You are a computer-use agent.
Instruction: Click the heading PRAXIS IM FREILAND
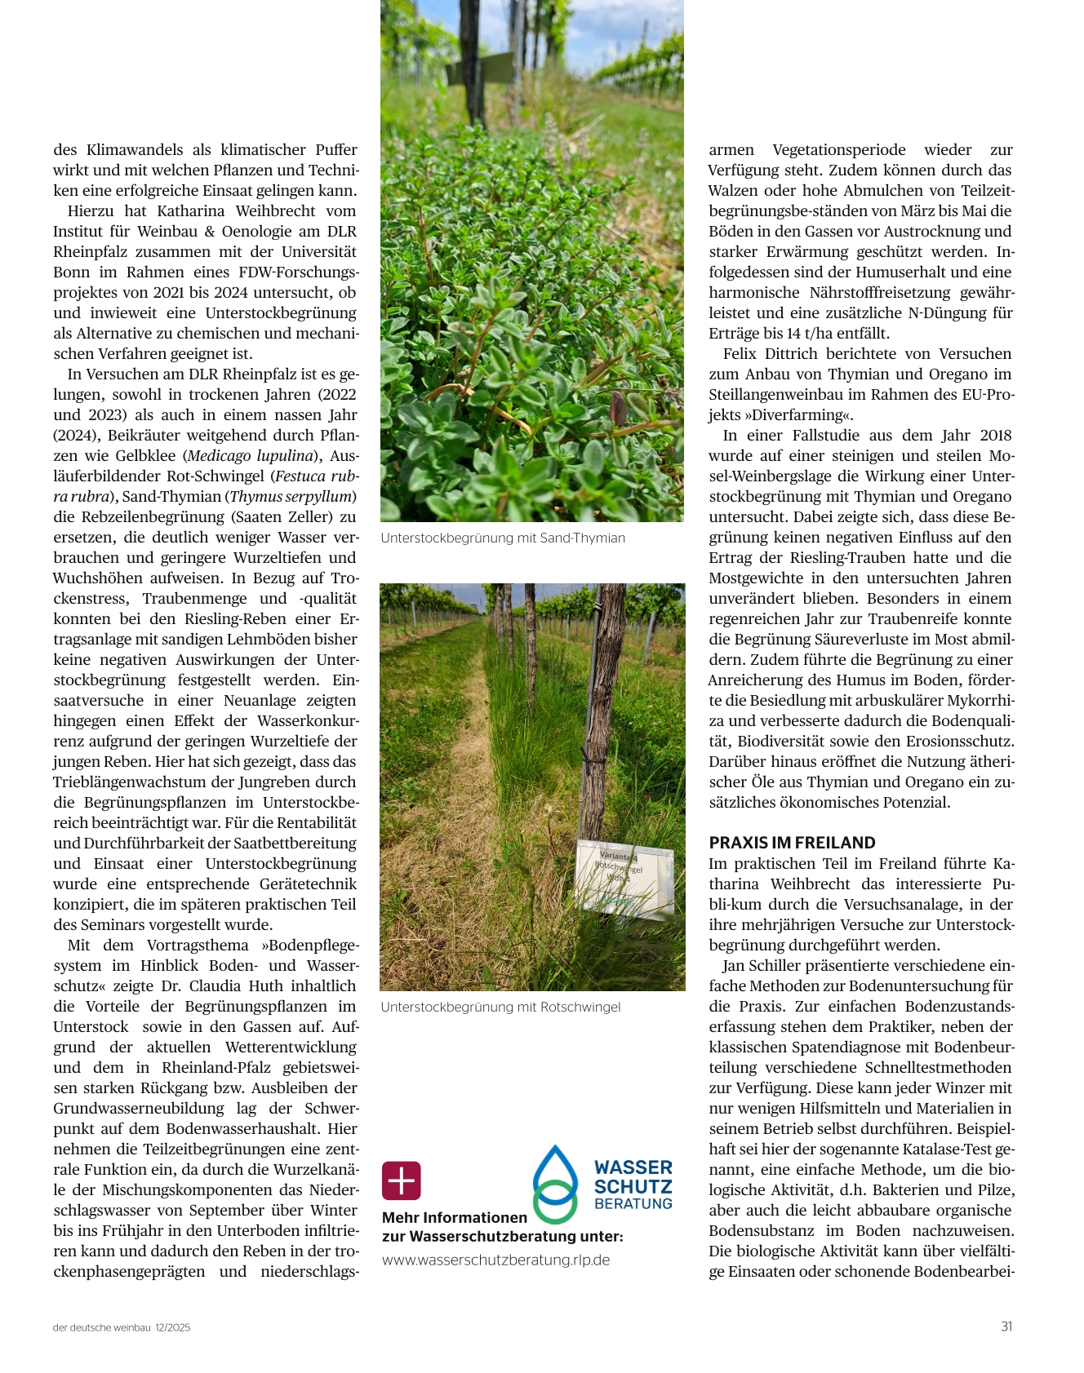click(x=792, y=843)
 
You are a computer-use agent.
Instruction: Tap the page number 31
click(x=1006, y=1326)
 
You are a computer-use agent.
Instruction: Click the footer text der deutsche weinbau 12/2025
click(x=122, y=1327)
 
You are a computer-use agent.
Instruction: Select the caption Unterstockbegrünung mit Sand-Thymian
click(x=503, y=538)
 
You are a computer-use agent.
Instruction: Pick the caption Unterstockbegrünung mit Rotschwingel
click(x=500, y=1008)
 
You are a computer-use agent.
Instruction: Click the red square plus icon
click(x=402, y=1180)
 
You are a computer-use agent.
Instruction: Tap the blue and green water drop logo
click(x=555, y=1184)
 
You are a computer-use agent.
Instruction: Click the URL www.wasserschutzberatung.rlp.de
click(x=495, y=1260)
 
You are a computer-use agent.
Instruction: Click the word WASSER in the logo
click(x=633, y=1167)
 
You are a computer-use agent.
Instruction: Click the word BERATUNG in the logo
click(x=633, y=1203)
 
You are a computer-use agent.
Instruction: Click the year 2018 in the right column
click(x=995, y=436)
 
